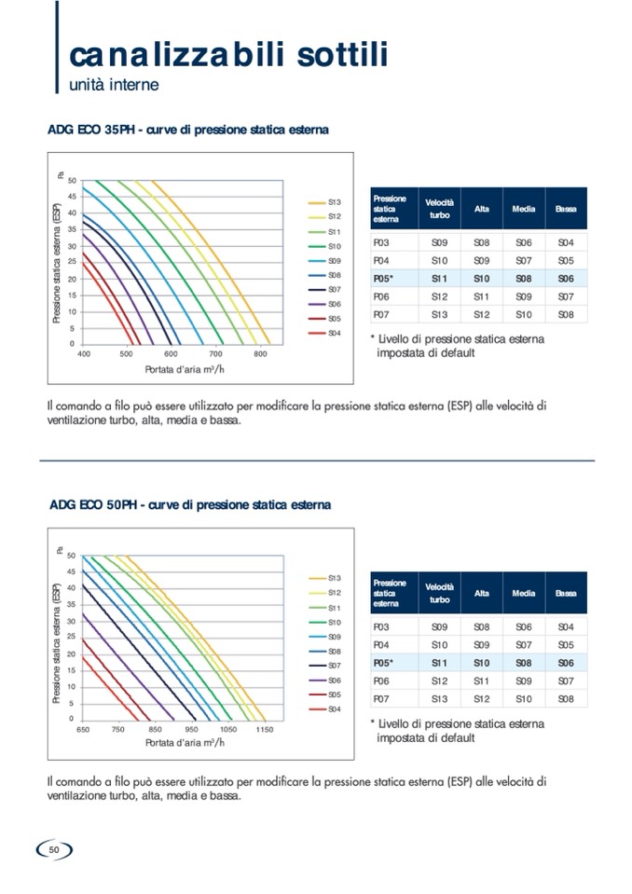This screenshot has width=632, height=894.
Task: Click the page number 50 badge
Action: tap(54, 849)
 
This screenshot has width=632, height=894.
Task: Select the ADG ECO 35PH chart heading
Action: tap(187, 130)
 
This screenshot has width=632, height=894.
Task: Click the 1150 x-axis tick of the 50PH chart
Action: tap(265, 730)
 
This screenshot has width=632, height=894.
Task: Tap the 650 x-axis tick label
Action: tap(83, 730)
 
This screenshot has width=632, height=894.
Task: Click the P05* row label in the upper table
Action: tap(383, 278)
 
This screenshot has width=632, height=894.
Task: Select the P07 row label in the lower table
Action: tap(380, 698)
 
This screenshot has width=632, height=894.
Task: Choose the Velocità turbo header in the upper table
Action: tap(439, 209)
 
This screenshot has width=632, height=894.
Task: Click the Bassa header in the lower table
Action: tap(566, 593)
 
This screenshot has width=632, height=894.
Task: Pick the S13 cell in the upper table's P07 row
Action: tap(439, 314)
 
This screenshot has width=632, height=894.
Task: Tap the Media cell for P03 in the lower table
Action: tap(523, 627)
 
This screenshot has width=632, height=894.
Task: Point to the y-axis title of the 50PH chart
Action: tap(57, 634)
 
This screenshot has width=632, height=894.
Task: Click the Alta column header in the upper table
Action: tap(481, 209)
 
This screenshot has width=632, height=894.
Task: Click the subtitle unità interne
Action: tap(114, 85)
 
